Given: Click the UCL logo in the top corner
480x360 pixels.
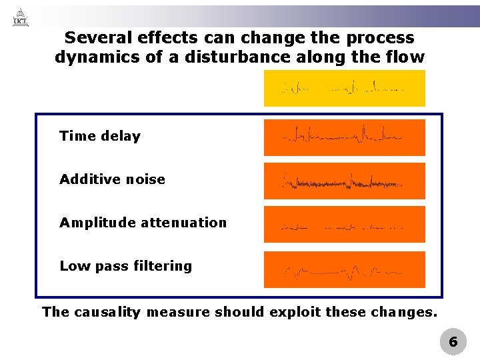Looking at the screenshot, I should click(x=21, y=16).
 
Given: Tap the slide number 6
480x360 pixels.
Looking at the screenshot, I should click(x=453, y=342).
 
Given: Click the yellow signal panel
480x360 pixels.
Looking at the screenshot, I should click(x=344, y=88).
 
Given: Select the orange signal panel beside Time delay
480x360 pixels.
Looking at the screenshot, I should click(x=344, y=137).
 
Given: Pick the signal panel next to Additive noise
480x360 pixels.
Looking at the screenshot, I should click(x=344, y=181).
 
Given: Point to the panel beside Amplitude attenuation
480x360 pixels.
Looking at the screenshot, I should click(x=344, y=224).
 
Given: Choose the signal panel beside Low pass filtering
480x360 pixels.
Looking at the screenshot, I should click(x=344, y=269).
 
